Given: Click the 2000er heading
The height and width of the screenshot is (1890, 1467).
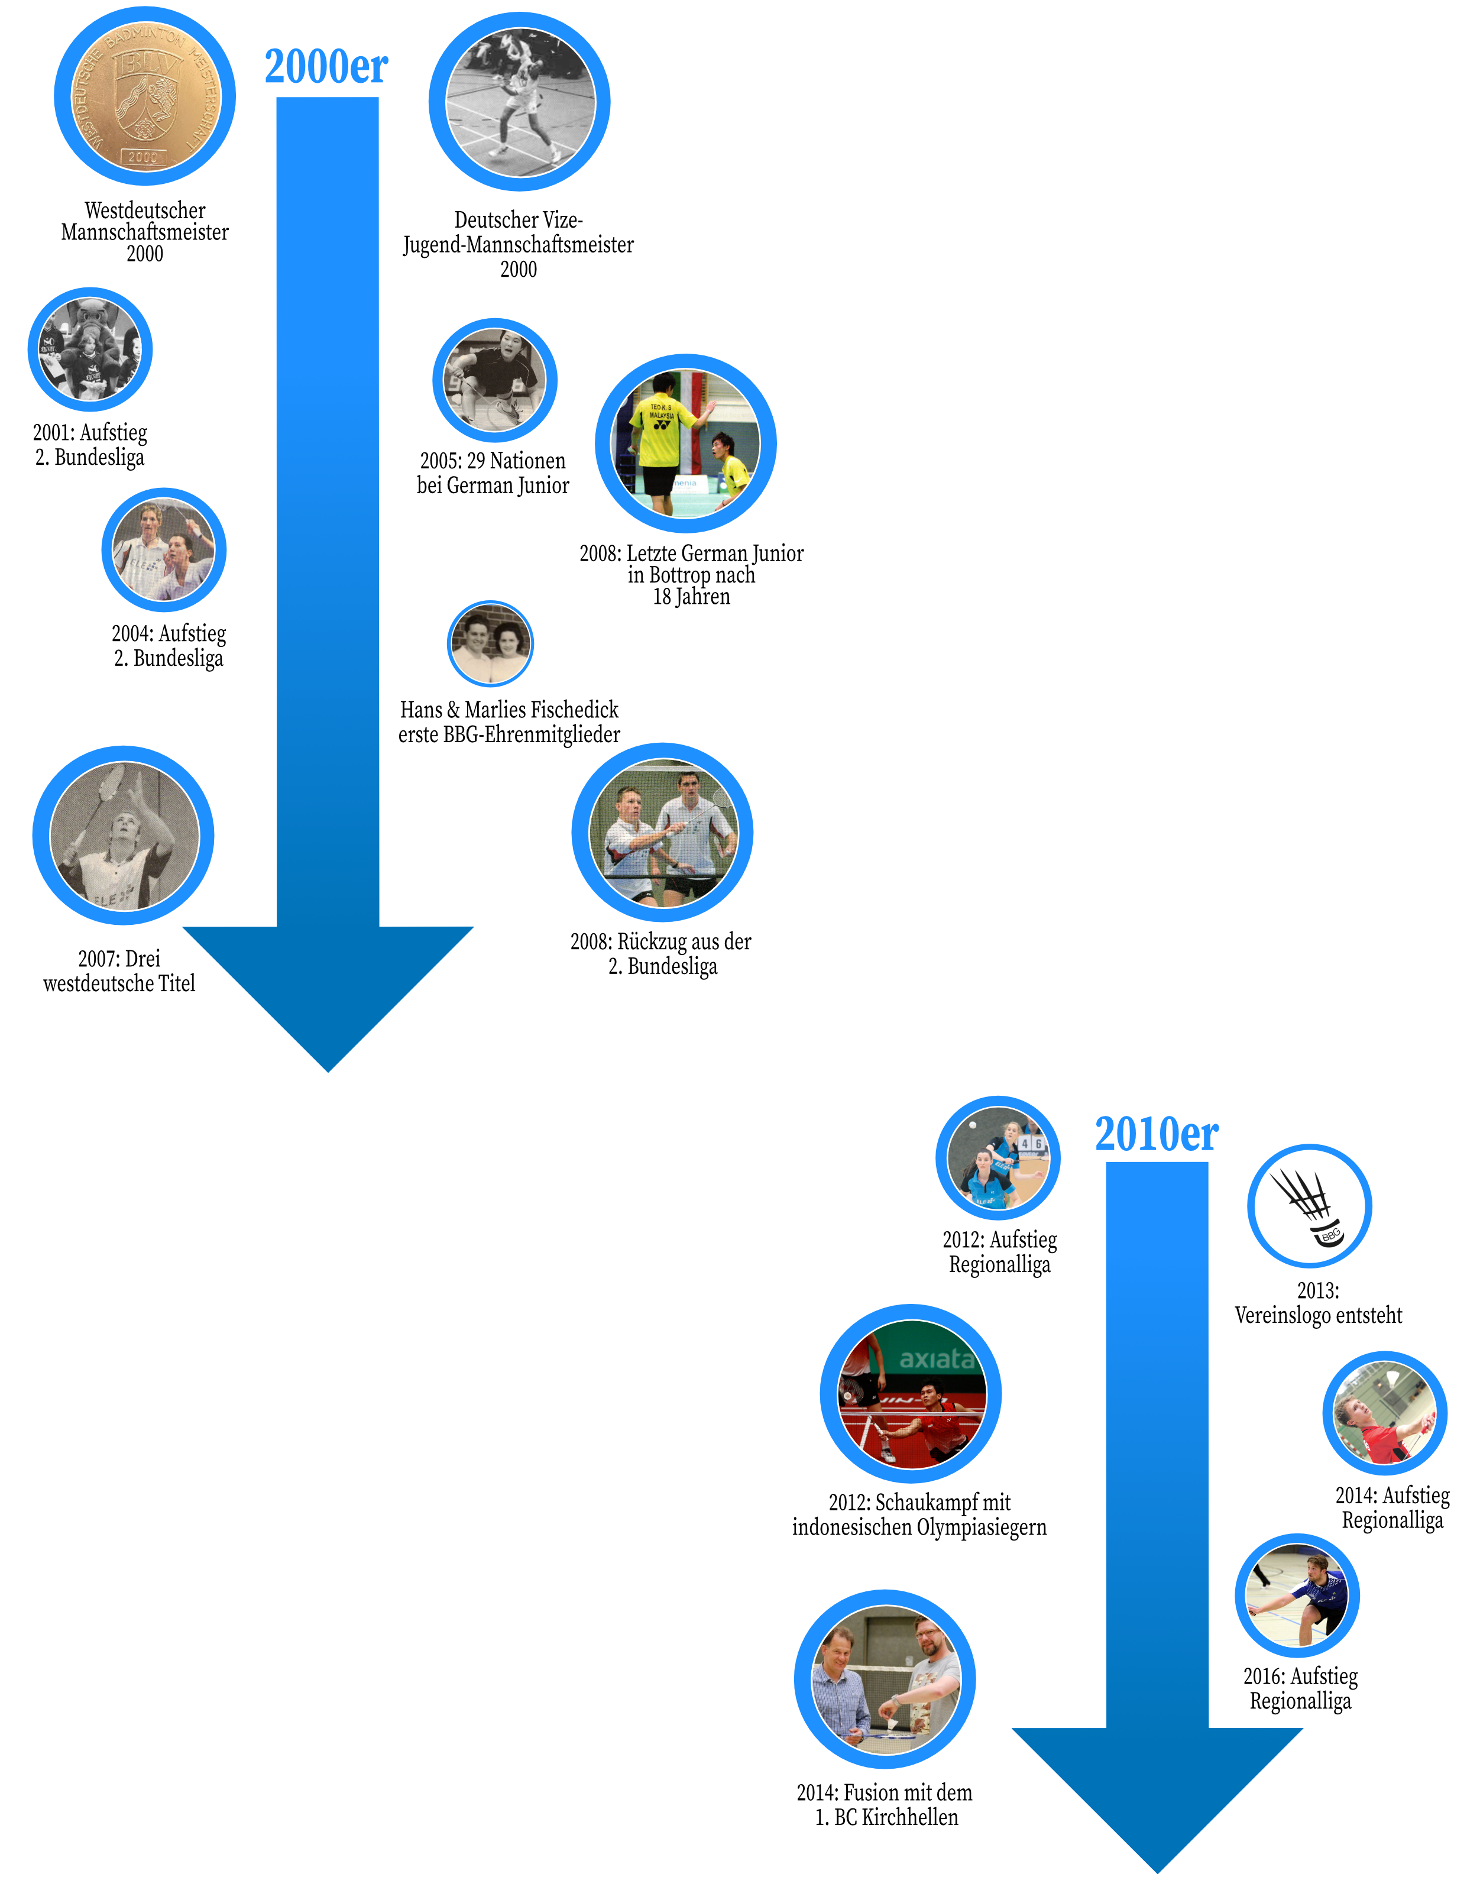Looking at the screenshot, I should [x=326, y=67].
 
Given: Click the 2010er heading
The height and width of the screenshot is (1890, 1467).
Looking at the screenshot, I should [x=1157, y=1134].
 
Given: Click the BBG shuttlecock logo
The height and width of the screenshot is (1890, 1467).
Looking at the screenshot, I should [x=1310, y=1205].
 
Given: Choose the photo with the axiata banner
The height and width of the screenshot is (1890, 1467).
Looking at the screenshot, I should [x=911, y=1393].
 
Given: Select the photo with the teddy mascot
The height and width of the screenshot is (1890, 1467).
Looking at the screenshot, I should [x=90, y=349].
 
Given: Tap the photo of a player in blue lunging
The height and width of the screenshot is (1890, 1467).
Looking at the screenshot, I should [x=1297, y=1595].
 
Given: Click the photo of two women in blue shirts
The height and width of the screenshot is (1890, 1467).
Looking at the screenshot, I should [x=998, y=1158].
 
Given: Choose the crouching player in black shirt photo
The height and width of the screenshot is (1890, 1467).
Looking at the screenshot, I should [x=494, y=380].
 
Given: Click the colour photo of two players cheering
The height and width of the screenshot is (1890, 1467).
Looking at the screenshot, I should [x=164, y=551].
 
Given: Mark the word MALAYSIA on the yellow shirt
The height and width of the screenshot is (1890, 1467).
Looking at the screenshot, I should [x=662, y=415].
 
